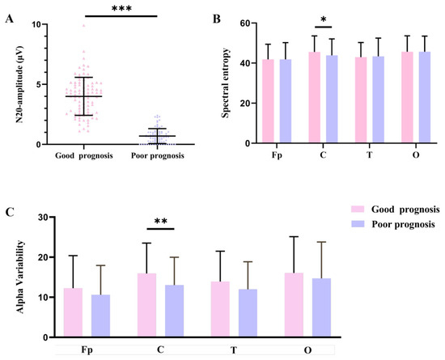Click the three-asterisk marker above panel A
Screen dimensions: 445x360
(121, 8)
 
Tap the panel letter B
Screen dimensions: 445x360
(217, 19)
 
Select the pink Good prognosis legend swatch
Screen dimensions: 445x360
(358, 210)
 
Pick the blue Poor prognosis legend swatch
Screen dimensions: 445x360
(358, 224)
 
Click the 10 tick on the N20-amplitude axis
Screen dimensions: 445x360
(36, 24)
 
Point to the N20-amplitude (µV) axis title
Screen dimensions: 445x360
(19, 84)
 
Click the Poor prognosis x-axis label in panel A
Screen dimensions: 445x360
(158, 156)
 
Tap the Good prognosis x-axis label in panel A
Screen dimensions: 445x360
(84, 156)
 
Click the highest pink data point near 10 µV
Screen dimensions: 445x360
(84, 26)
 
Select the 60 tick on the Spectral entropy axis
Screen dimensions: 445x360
(245, 23)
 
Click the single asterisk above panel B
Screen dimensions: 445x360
(324, 20)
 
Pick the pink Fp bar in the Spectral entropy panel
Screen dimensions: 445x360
(268, 101)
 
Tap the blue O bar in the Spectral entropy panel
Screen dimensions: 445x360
(425, 97)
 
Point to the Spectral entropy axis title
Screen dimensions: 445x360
(226, 83)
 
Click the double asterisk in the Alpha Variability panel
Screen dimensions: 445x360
(161, 222)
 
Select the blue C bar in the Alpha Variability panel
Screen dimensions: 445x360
(174, 311)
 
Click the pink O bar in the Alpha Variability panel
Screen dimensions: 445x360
(294, 305)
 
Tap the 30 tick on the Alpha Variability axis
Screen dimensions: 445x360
(44, 217)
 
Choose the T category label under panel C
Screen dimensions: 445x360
(234, 350)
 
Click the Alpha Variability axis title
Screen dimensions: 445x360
(20, 277)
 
